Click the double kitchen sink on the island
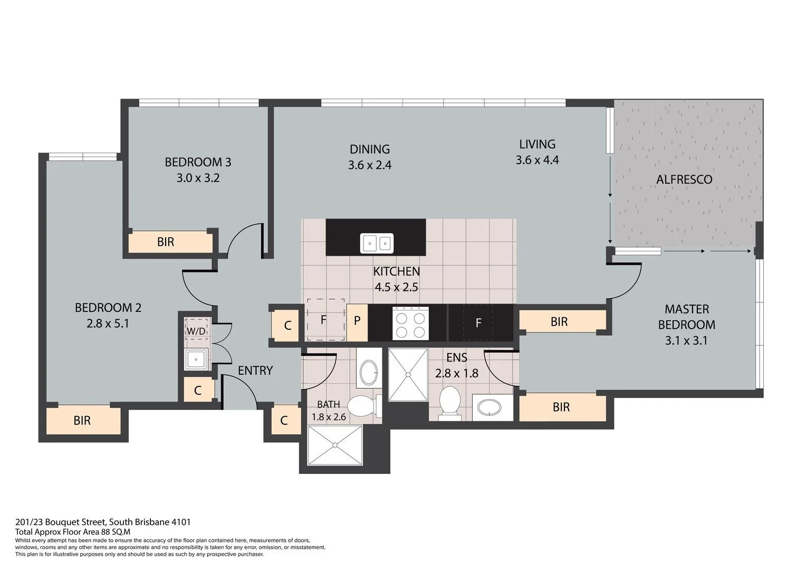(x=377, y=243)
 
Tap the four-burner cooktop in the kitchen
(x=410, y=323)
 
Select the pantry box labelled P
(x=357, y=321)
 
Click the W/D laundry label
(x=196, y=331)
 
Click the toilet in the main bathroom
(x=363, y=406)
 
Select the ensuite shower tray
(x=408, y=374)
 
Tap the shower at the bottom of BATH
(x=335, y=445)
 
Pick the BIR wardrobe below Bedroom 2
(x=83, y=421)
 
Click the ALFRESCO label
(x=684, y=179)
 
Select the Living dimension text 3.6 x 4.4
(x=537, y=159)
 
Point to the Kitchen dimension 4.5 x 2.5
(x=396, y=287)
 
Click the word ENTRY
(x=255, y=370)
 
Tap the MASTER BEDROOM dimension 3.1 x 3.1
(x=686, y=340)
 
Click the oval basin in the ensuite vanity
(x=492, y=407)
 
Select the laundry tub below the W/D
(x=197, y=359)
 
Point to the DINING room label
(x=369, y=149)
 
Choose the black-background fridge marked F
(x=478, y=323)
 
